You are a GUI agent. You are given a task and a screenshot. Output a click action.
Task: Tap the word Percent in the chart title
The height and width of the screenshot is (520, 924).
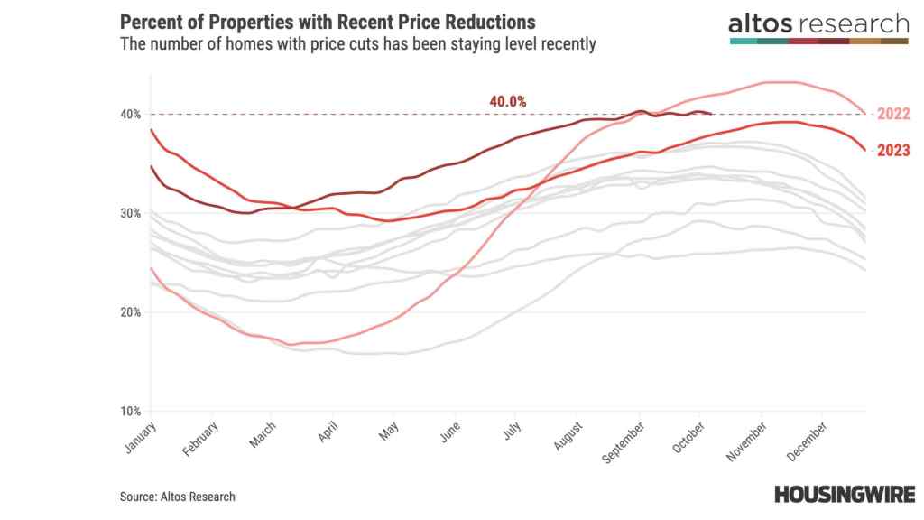point(148,22)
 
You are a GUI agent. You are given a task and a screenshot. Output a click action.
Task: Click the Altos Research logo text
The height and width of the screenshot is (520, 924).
point(818,23)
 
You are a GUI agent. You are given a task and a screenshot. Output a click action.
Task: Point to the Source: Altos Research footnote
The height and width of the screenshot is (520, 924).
point(177,497)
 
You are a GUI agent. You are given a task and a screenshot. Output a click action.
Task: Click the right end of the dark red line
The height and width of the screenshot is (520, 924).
point(713,114)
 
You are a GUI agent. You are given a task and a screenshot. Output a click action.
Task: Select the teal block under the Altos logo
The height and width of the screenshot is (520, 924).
point(743,41)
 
